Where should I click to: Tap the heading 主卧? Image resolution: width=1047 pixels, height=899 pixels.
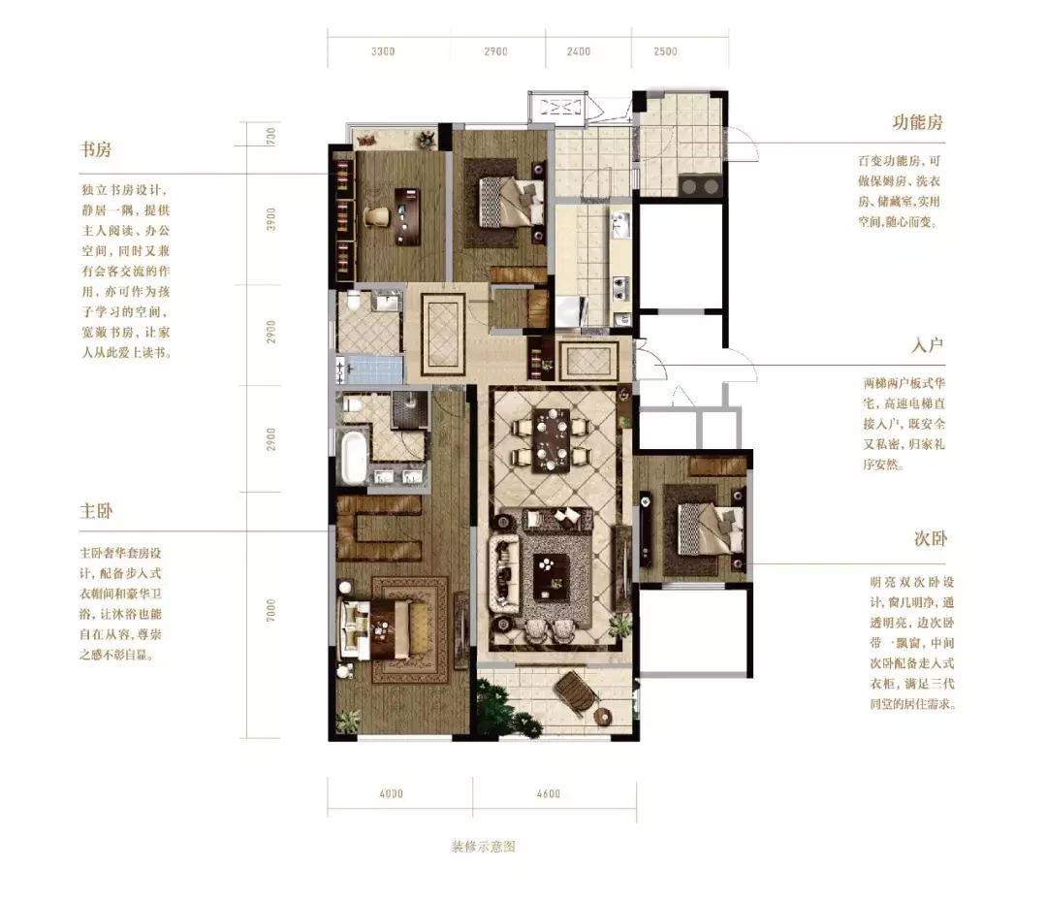coord(96,510)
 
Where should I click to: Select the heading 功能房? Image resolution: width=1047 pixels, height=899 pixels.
coord(917,123)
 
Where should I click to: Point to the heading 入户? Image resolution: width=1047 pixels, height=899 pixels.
coord(929,346)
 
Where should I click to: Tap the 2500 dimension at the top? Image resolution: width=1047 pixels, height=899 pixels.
coord(665,52)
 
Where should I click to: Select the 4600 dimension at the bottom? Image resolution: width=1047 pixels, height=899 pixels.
coord(548,794)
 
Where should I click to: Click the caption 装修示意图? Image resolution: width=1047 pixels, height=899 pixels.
coord(483,846)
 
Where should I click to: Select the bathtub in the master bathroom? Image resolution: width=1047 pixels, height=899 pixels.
coord(353,457)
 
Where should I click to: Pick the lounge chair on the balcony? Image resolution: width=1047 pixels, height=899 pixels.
coord(574,691)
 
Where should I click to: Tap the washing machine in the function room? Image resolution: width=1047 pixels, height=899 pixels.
coord(700,185)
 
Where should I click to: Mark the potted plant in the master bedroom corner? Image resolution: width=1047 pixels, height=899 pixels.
coord(348,720)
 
